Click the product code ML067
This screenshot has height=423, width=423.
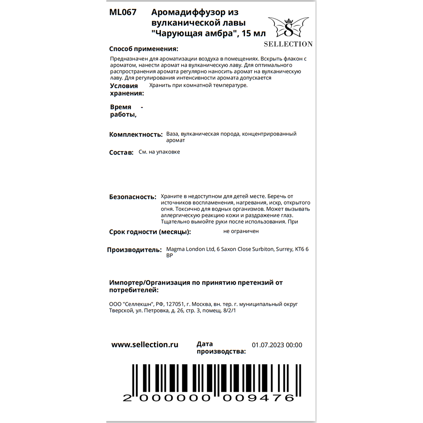(x=123, y=13)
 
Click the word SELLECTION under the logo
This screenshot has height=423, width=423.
(x=288, y=44)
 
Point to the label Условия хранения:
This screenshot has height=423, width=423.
(x=126, y=90)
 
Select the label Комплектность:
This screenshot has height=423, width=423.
(x=136, y=135)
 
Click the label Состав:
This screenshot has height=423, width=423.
(x=121, y=153)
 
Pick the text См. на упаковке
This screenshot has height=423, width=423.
(x=159, y=152)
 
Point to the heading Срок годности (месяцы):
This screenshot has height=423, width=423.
(x=150, y=232)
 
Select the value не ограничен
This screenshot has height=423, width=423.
(x=241, y=231)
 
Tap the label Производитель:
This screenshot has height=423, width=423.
(x=134, y=250)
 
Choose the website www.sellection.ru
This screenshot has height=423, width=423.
(x=145, y=345)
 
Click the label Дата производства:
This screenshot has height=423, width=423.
(x=221, y=348)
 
